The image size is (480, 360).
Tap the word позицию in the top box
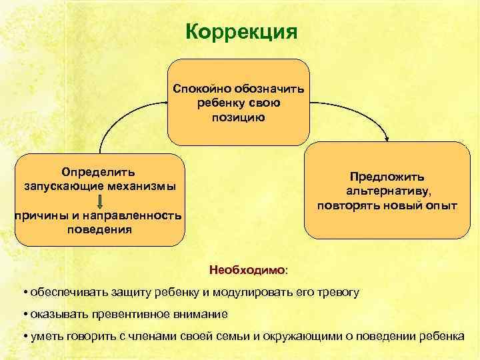[238, 117]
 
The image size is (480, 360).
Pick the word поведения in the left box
[99, 229]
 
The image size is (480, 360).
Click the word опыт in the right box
[441, 205]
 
